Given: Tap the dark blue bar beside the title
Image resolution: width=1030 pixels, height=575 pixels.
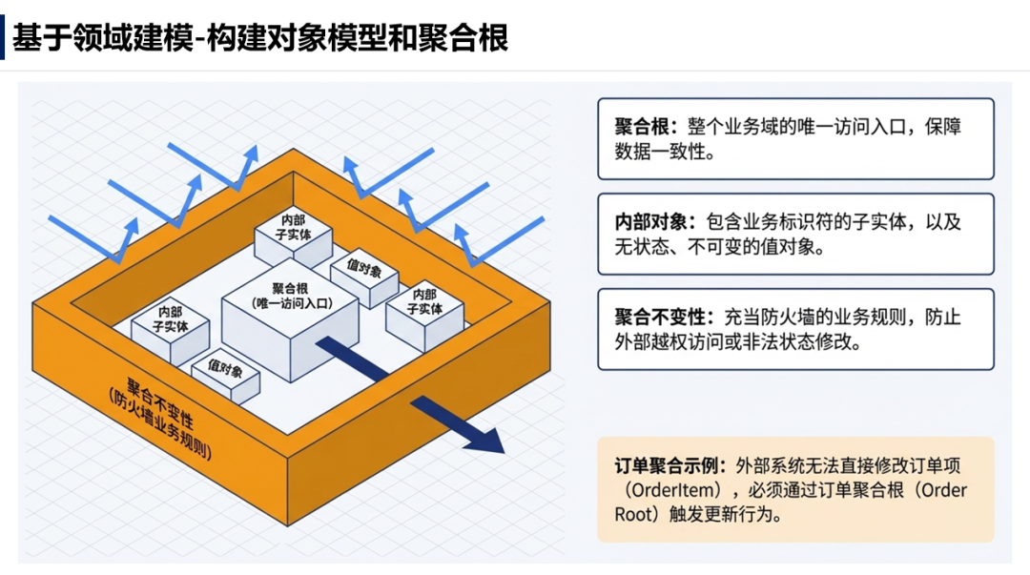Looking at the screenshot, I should click(x=3, y=36).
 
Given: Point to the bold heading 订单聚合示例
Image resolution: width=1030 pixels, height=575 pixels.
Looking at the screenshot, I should click(x=670, y=466).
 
